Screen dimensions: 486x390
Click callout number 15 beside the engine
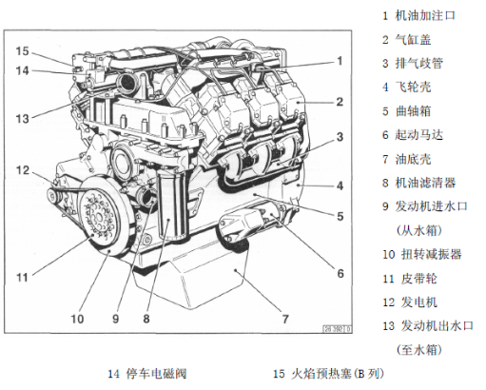(22, 51)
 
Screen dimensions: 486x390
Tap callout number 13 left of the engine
(22, 119)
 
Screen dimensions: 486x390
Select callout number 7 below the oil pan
(285, 319)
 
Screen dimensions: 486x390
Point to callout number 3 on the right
(340, 137)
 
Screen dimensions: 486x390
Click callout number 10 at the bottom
(77, 319)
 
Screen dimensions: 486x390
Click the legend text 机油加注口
(425, 15)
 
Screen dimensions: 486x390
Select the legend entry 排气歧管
(418, 64)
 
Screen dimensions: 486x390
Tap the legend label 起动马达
(418, 135)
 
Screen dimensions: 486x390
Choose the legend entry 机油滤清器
(425, 183)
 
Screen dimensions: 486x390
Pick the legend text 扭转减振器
(432, 254)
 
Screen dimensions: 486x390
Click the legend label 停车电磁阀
(156, 374)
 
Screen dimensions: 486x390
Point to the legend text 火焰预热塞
(321, 374)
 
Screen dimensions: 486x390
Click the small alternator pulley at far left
(52, 197)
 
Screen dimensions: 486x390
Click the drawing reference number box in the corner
(337, 329)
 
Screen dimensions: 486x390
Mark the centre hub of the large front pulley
(98, 218)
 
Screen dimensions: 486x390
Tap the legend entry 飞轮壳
(413, 88)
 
